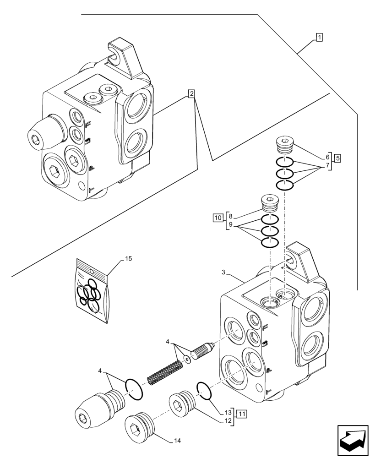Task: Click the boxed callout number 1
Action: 319,38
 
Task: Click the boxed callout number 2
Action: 191,94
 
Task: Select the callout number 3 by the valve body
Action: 223,273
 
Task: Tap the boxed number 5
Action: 337,158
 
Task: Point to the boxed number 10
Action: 218,217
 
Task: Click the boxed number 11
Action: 242,414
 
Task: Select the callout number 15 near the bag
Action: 129,259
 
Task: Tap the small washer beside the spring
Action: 187,360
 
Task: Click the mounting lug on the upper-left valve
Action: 126,57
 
